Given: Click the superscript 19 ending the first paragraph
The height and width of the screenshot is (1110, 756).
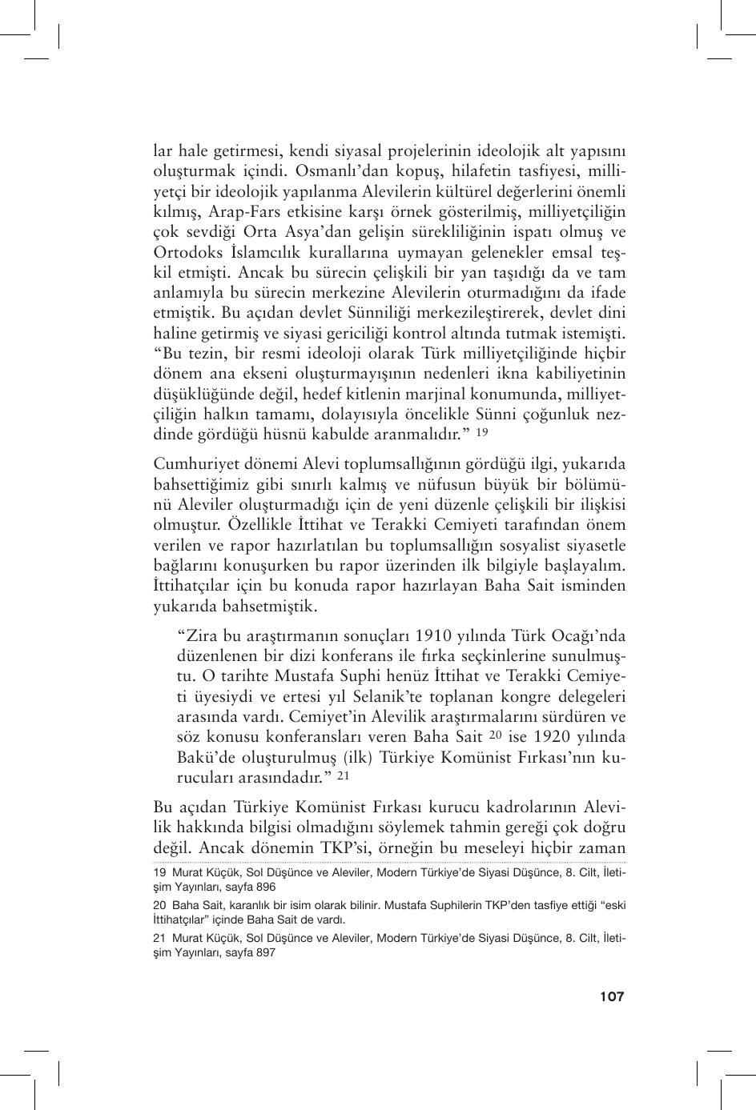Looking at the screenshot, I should pyautogui.click(x=482, y=433).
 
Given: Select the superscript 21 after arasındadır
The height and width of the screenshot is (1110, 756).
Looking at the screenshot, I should pyautogui.click(x=344, y=775).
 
